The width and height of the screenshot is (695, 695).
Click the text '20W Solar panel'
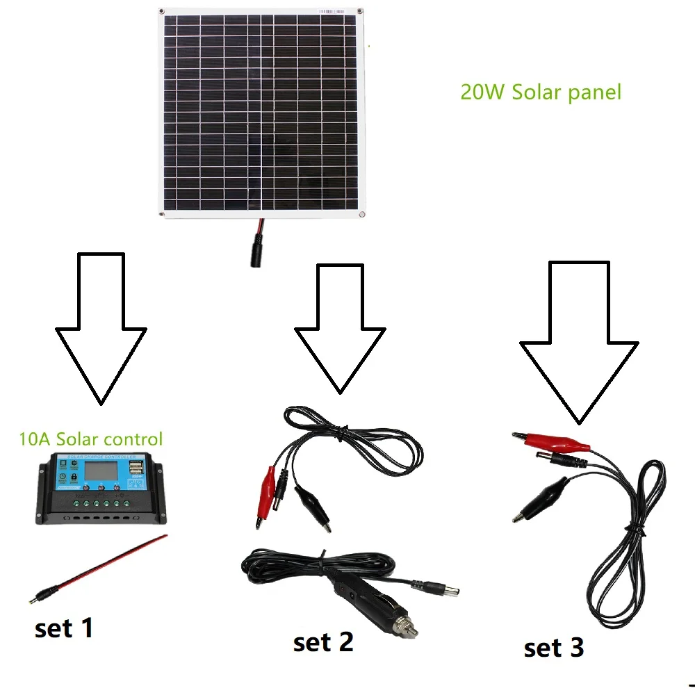540,92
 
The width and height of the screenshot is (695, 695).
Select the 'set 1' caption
63,628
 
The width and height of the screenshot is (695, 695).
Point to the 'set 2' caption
323,642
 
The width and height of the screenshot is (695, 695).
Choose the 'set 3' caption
554,648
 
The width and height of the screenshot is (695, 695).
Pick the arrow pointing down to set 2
340,327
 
